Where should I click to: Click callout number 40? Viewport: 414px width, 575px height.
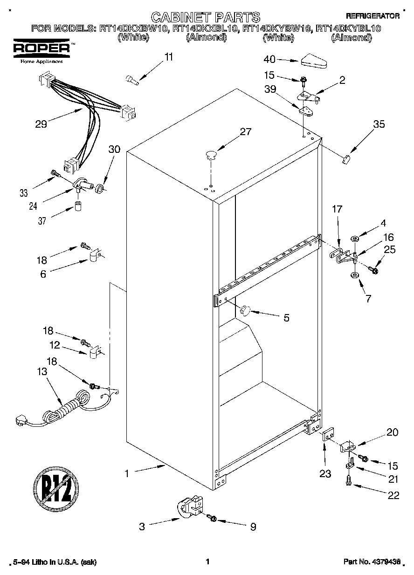[269, 59]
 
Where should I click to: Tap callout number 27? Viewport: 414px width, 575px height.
[245, 132]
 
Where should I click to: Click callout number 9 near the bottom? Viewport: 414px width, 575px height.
[253, 527]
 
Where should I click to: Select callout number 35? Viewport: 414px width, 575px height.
[379, 124]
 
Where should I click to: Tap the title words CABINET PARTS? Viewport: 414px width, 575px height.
[206, 18]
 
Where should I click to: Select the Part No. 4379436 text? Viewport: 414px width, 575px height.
[372, 562]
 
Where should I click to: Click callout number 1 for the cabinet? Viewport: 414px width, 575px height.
[126, 473]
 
